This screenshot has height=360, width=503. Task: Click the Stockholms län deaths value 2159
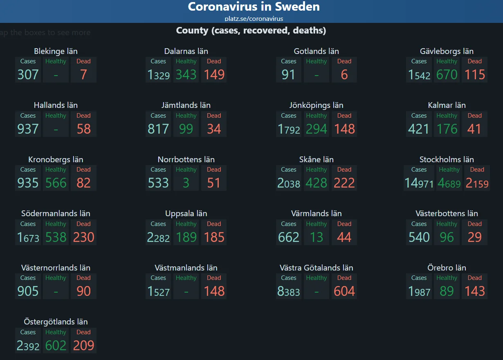(477, 183)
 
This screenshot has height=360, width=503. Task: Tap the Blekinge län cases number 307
(28, 75)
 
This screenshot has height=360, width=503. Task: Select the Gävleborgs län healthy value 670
(447, 75)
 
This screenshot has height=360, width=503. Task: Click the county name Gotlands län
(316, 51)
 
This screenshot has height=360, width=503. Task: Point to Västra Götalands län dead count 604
(344, 291)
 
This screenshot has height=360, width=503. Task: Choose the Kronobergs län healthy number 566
(56, 183)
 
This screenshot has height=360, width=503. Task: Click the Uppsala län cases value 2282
(158, 237)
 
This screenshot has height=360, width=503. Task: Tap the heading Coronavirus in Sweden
(254, 7)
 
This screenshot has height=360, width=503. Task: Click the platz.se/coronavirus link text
(254, 18)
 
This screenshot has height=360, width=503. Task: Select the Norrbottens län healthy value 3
(186, 183)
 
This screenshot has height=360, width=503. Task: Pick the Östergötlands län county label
(56, 322)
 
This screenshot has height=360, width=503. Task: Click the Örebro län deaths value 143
(474, 291)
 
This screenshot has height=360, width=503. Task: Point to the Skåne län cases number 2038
(289, 183)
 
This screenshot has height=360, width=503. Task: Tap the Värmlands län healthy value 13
(316, 237)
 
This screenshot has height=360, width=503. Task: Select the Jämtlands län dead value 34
(214, 129)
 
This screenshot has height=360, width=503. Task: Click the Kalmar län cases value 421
(419, 129)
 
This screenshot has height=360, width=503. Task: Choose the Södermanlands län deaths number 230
(83, 237)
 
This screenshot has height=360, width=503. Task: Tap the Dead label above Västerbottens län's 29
(474, 224)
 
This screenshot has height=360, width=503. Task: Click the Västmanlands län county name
(186, 268)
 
